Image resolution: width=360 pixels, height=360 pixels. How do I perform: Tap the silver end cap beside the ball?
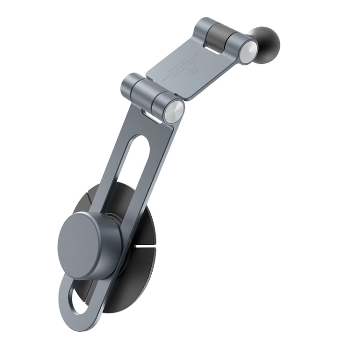(x=248, y=52)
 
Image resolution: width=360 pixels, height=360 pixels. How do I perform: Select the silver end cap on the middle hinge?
(x=173, y=112)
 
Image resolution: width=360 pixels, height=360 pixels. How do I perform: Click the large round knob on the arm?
(x=89, y=245)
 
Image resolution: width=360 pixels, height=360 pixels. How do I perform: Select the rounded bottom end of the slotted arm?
(x=72, y=307)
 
